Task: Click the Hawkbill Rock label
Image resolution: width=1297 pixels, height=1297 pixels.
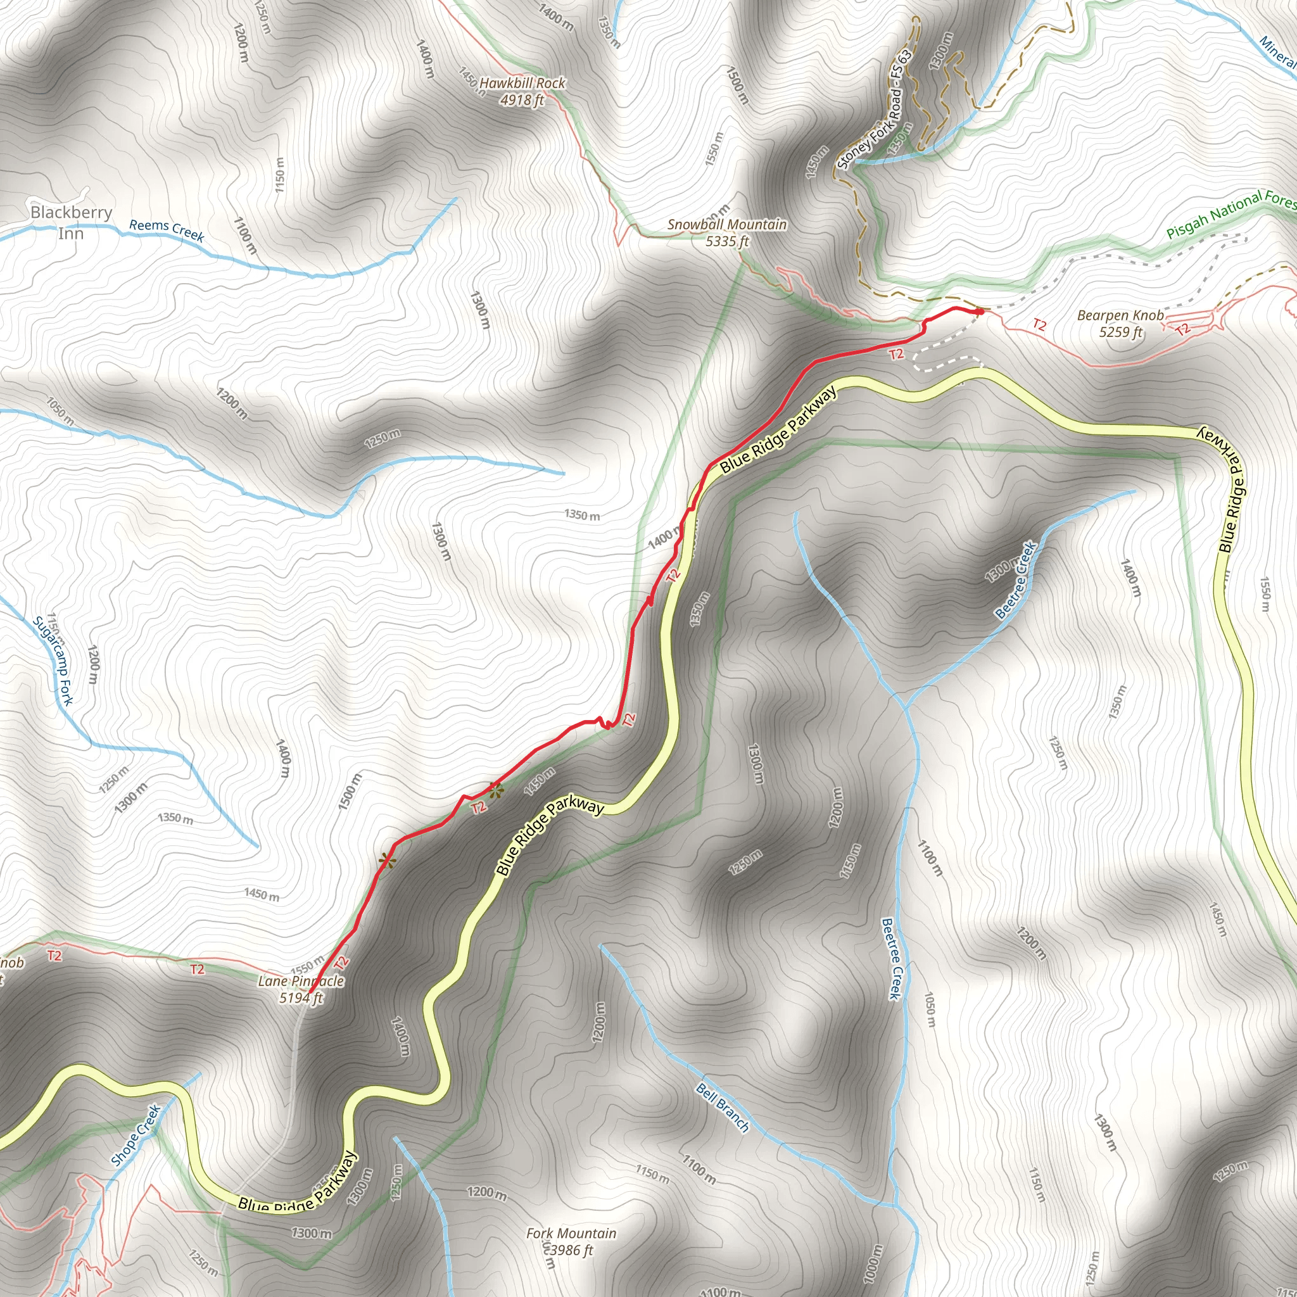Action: pos(522,83)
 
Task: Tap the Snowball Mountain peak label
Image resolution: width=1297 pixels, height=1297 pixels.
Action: pos(727,224)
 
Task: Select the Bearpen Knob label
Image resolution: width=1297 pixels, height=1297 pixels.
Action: pos(1120,315)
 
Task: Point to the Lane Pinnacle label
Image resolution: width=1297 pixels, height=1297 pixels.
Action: pos(301,981)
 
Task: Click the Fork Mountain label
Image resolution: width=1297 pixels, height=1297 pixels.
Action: pos(571,1233)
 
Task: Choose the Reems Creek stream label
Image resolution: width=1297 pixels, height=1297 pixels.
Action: pos(167,230)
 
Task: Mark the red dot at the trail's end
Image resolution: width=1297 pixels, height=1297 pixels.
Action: pos(980,312)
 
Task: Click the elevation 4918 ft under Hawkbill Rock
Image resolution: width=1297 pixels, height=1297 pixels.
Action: pos(522,101)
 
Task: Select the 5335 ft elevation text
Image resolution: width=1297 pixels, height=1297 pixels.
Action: pos(727,241)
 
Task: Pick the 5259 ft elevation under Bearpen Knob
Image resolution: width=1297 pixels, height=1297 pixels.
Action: pos(1120,332)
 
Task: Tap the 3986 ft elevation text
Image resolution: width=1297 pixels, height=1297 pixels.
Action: pos(571,1250)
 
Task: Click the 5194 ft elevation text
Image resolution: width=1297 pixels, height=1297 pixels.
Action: pos(301,997)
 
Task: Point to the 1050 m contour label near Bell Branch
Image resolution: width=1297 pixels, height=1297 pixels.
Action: pos(929,1009)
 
